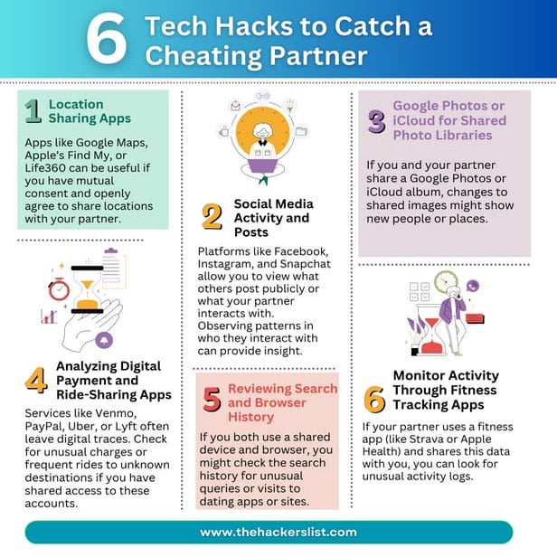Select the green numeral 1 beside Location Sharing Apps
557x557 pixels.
33,111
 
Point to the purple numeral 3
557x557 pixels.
375,121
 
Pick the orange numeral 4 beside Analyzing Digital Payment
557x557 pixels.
35,381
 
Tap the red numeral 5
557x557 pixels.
212,401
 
